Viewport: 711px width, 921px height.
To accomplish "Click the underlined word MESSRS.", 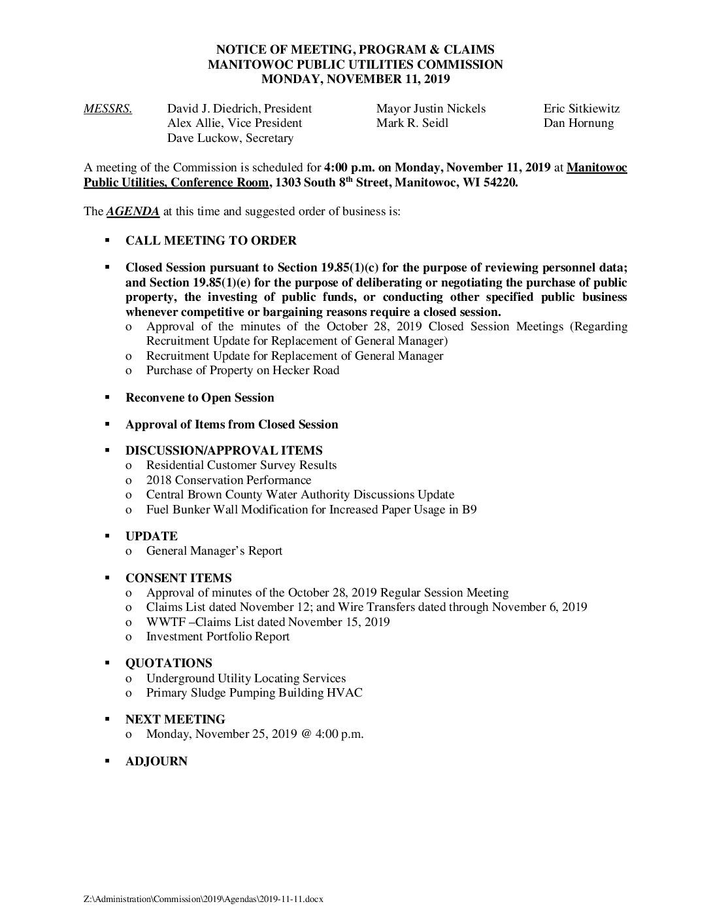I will click(108, 109).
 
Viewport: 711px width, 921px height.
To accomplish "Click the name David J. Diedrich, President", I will click(239, 109).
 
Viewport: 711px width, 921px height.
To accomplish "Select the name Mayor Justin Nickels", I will click(431, 109).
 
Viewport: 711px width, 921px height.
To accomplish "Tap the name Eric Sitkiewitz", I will click(581, 109).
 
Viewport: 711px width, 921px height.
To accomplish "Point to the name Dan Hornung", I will click(578, 123).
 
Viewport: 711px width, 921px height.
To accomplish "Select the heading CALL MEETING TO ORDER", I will click(210, 241).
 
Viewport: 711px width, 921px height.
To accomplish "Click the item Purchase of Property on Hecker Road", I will click(242, 370).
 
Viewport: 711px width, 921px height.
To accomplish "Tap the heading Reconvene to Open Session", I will click(199, 398).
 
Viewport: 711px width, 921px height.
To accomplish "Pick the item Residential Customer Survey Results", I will click(241, 465).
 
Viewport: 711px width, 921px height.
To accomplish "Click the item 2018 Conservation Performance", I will click(228, 480).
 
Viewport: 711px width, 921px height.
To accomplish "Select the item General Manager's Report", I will click(214, 551).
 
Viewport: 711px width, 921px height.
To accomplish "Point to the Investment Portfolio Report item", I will click(218, 636).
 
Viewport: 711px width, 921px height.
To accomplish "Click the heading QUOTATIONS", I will click(169, 663).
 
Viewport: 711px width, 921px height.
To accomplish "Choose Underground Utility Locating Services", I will click(246, 678).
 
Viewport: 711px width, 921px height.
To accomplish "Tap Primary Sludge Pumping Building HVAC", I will click(254, 693).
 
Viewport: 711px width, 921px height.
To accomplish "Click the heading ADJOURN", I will click(156, 761).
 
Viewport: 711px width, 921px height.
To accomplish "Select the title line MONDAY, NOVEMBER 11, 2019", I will click(355, 79).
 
